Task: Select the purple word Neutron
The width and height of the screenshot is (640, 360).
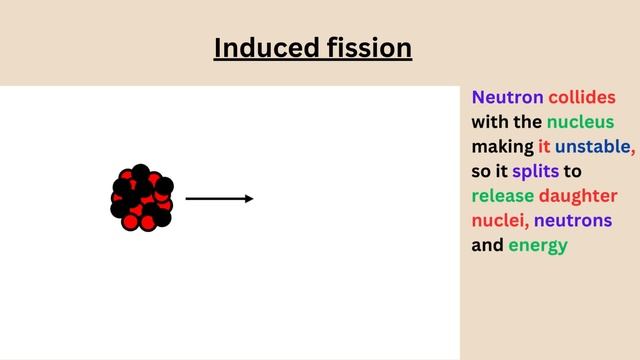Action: pyautogui.click(x=507, y=98)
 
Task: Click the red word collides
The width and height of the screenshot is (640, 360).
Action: pyautogui.click(x=582, y=98)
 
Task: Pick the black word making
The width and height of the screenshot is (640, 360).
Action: pyautogui.click(x=502, y=147)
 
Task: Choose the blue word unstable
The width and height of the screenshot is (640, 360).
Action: pyautogui.click(x=593, y=147)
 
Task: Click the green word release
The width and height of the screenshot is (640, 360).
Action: pyautogui.click(x=503, y=196)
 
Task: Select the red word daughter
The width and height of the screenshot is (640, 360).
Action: pyautogui.click(x=579, y=196)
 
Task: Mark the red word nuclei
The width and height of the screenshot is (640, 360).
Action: pyautogui.click(x=500, y=220)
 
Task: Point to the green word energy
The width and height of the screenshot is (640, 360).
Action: pyautogui.click(x=537, y=245)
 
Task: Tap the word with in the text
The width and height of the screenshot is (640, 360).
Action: pyautogui.click(x=490, y=123)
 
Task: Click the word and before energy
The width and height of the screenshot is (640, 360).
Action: pyautogui.click(x=487, y=245)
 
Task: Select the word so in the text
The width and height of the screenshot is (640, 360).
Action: pyautogui.click(x=482, y=171)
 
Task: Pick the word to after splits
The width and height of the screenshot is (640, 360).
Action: pyautogui.click(x=573, y=171)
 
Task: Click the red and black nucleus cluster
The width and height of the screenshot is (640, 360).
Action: pyautogui.click(x=142, y=198)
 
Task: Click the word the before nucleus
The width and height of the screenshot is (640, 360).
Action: pyautogui.click(x=528, y=123)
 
